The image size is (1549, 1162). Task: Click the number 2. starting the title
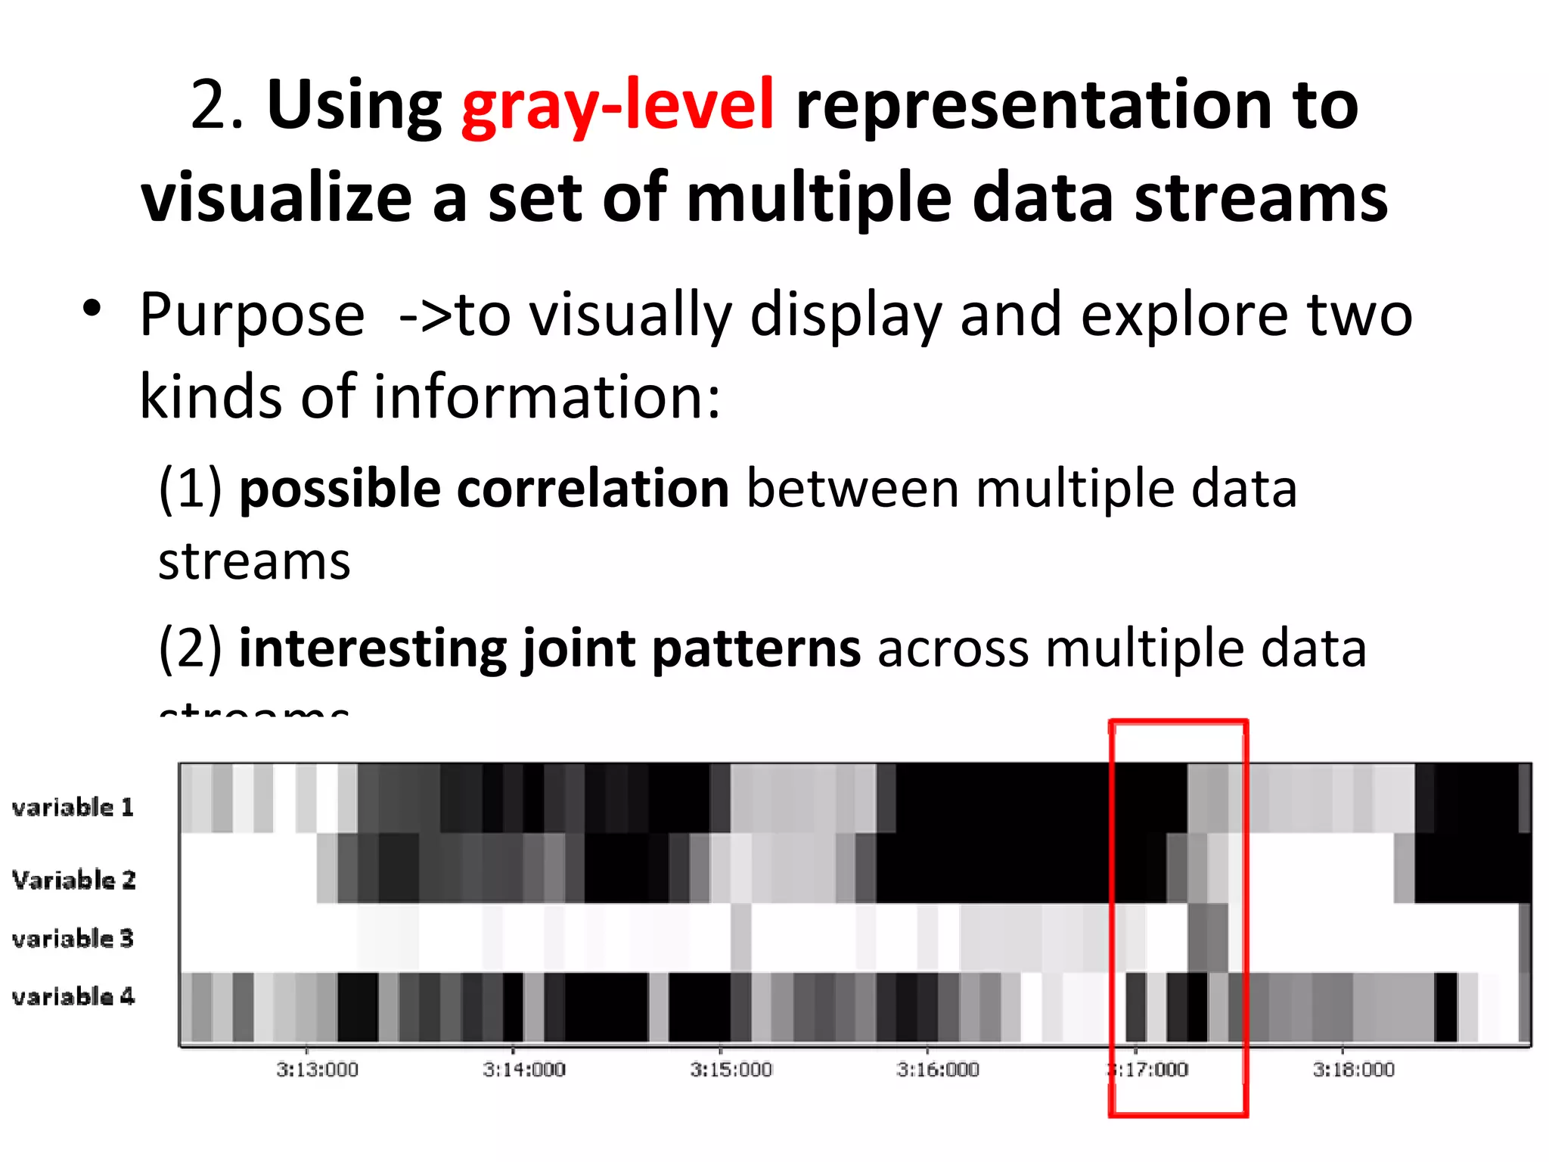pyautogui.click(x=216, y=106)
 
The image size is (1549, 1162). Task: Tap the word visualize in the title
pyautogui.click(x=276, y=198)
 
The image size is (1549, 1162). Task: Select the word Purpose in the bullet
pyautogui.click(x=252, y=315)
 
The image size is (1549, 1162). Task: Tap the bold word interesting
pyautogui.click(x=371, y=649)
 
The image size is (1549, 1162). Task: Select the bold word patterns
pyautogui.click(x=756, y=649)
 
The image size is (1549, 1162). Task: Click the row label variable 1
pyautogui.click(x=73, y=807)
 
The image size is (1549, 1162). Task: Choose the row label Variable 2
pyautogui.click(x=73, y=880)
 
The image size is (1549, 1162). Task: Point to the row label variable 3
pyautogui.click(x=73, y=938)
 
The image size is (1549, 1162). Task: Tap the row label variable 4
pyautogui.click(x=73, y=996)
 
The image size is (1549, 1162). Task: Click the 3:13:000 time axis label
pyautogui.click(x=317, y=1070)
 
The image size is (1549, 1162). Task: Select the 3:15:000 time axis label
pyautogui.click(x=731, y=1070)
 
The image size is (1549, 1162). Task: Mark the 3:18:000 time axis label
pyautogui.click(x=1353, y=1070)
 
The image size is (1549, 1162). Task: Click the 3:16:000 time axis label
pyautogui.click(x=938, y=1070)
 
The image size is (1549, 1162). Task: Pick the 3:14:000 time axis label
pyautogui.click(x=524, y=1070)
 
